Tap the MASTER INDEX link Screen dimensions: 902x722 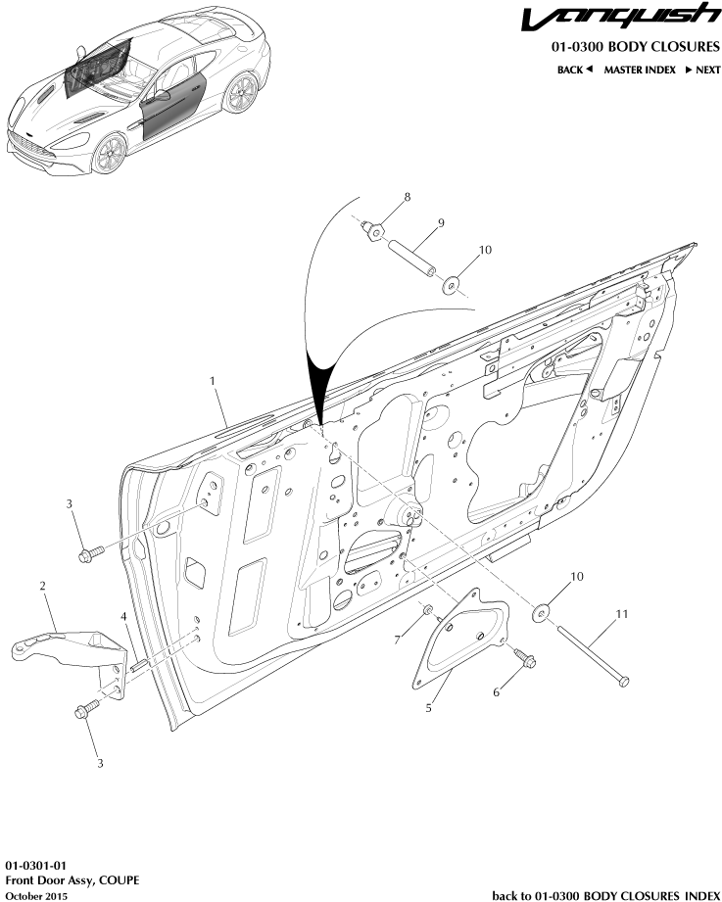click(x=639, y=70)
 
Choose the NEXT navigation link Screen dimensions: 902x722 click(x=702, y=70)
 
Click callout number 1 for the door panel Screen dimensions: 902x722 click(x=211, y=378)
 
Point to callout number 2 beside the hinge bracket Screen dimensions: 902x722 click(x=43, y=586)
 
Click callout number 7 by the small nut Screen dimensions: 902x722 click(x=397, y=640)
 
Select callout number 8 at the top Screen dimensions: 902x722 click(x=408, y=197)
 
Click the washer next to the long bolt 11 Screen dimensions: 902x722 click(x=541, y=614)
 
